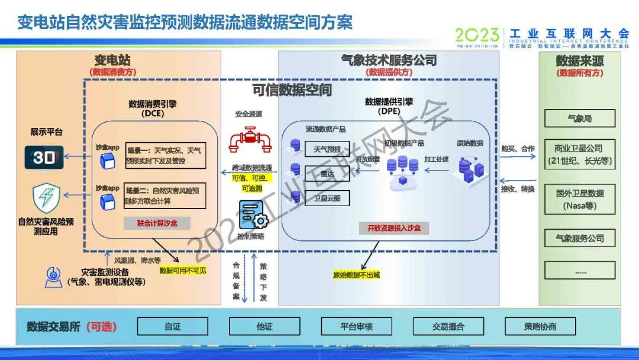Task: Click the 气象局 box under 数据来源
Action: [579, 118]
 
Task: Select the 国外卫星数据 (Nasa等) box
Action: [579, 200]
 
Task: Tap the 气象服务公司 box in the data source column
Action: [579, 238]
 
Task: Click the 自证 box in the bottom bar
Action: [173, 326]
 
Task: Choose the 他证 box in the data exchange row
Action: [264, 326]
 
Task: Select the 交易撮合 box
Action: [448, 326]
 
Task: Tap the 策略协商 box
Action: [540, 326]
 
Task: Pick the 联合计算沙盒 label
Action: [156, 223]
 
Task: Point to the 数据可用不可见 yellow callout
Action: [183, 271]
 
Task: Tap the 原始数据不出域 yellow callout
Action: [356, 275]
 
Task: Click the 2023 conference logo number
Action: [477, 35]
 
